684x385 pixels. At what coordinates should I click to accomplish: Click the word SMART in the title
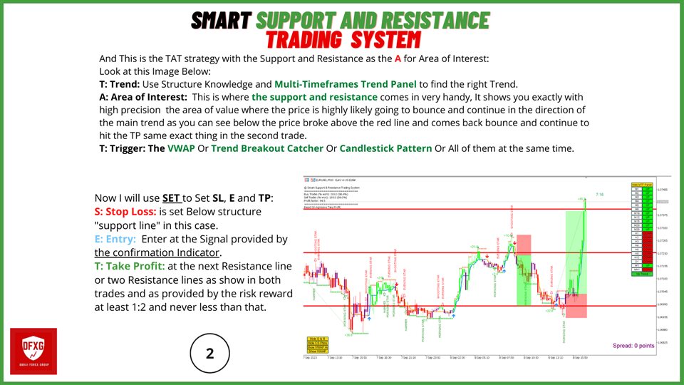point(222,20)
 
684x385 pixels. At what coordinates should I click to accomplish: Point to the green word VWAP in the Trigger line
point(184,148)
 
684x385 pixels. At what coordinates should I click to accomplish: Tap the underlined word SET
point(172,198)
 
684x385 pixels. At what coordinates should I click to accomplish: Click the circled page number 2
point(210,352)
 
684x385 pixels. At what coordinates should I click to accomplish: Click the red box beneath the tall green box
point(575,305)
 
